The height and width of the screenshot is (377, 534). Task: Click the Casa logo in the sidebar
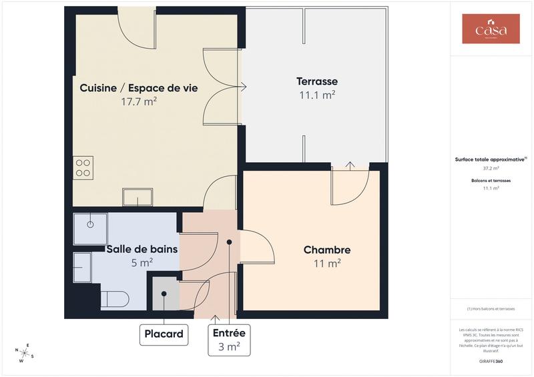click(491, 29)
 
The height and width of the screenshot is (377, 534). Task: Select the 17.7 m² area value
click(139, 102)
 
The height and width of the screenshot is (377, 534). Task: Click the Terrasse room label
click(317, 81)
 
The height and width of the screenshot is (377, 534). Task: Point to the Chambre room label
click(327, 250)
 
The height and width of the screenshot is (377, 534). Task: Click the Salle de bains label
click(142, 250)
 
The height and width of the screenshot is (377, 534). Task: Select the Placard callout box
click(164, 334)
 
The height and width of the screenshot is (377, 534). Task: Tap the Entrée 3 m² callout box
click(228, 340)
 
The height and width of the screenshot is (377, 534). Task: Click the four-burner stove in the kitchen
click(83, 167)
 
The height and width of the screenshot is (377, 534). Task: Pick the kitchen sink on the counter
click(138, 197)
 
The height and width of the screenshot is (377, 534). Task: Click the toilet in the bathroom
click(114, 298)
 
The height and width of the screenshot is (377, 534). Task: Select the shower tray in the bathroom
click(90, 229)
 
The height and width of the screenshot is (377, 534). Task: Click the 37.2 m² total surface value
click(491, 169)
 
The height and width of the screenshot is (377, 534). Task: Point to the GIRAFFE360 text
click(491, 360)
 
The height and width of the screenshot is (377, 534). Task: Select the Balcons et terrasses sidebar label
click(491, 181)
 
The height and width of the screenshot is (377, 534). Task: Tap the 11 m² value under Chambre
click(327, 264)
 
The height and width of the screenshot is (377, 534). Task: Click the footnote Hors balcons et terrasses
click(491, 309)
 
